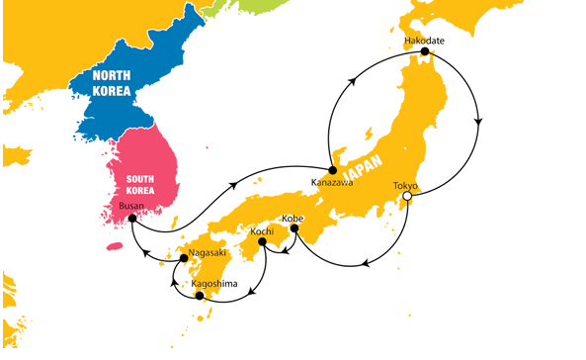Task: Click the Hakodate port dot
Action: pyautogui.click(x=425, y=51)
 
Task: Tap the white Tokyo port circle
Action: pyautogui.click(x=405, y=199)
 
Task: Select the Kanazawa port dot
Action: pyautogui.click(x=333, y=170)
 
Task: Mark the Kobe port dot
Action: pyautogui.click(x=294, y=229)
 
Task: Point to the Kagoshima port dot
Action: pyautogui.click(x=200, y=296)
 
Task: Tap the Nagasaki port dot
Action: pyautogui.click(x=182, y=260)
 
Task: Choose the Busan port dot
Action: pyautogui.click(x=132, y=219)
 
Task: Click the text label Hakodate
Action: pyautogui.click(x=426, y=40)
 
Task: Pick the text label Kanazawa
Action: pyautogui.click(x=331, y=183)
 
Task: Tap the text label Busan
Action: pyautogui.click(x=130, y=206)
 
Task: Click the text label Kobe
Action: pyautogui.click(x=293, y=217)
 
